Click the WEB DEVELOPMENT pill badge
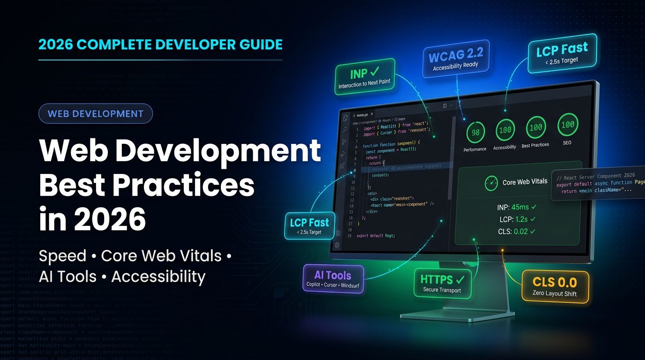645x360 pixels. [96, 113]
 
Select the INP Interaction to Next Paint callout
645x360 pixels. [365, 77]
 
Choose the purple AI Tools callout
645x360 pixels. [333, 278]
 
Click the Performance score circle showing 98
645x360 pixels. [475, 133]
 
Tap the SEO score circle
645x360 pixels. [567, 125]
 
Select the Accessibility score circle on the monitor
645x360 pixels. [505, 130]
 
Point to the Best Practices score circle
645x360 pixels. [535, 127]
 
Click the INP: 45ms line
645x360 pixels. [516, 207]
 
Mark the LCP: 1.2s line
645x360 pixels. [517, 219]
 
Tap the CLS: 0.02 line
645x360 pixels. [517, 231]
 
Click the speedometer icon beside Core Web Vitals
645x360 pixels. [491, 182]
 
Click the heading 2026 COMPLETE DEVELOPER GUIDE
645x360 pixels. [160, 45]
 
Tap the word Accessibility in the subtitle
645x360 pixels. [158, 277]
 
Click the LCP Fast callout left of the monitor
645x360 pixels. [309, 226]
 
